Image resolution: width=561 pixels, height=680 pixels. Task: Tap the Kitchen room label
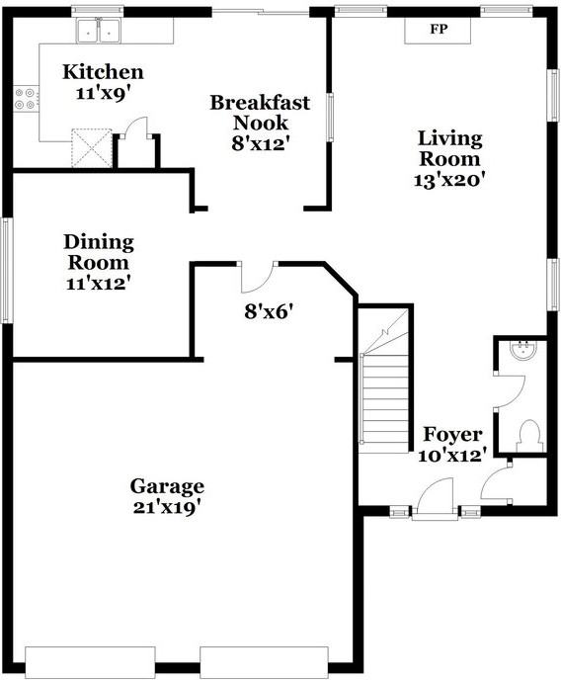[103, 72]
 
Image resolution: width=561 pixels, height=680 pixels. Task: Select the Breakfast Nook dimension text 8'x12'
[259, 142]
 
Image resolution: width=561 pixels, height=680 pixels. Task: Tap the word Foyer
[452, 435]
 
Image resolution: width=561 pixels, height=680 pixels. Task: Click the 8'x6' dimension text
[269, 311]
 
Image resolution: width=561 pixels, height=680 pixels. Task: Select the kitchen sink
[99, 32]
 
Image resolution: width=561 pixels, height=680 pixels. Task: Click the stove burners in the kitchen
[25, 98]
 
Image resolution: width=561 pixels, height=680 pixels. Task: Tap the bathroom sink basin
[521, 349]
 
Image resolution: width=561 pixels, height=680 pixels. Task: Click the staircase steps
[383, 395]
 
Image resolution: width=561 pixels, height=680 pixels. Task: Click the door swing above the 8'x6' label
[258, 278]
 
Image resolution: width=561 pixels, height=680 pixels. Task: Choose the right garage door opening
[264, 660]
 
